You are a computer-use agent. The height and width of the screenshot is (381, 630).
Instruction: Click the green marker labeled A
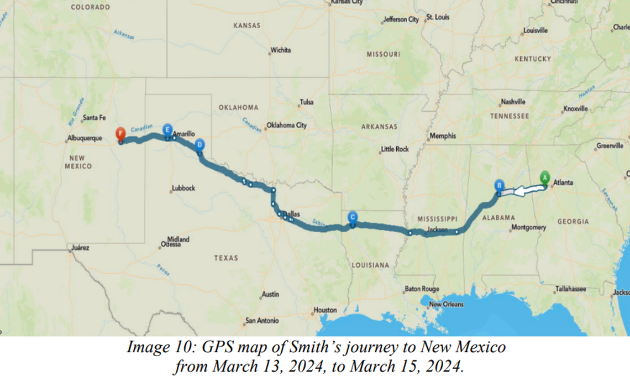coord(544,178)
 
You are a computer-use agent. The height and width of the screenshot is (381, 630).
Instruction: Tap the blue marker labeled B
coord(499,186)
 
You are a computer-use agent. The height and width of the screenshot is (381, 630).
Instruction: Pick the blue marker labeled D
coord(200,145)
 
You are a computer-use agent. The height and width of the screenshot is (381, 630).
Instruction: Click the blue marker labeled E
coord(167,131)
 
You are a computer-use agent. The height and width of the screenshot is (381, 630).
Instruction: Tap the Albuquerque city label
coord(85,139)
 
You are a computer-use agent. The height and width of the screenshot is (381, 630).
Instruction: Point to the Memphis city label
coord(443,136)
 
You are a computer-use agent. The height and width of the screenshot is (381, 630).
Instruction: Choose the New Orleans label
coord(446,304)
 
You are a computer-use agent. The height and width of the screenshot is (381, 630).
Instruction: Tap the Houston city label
coord(325,310)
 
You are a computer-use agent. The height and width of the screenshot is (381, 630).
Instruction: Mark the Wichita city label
coord(280,50)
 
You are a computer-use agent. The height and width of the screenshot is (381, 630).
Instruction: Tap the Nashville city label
coord(513,102)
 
